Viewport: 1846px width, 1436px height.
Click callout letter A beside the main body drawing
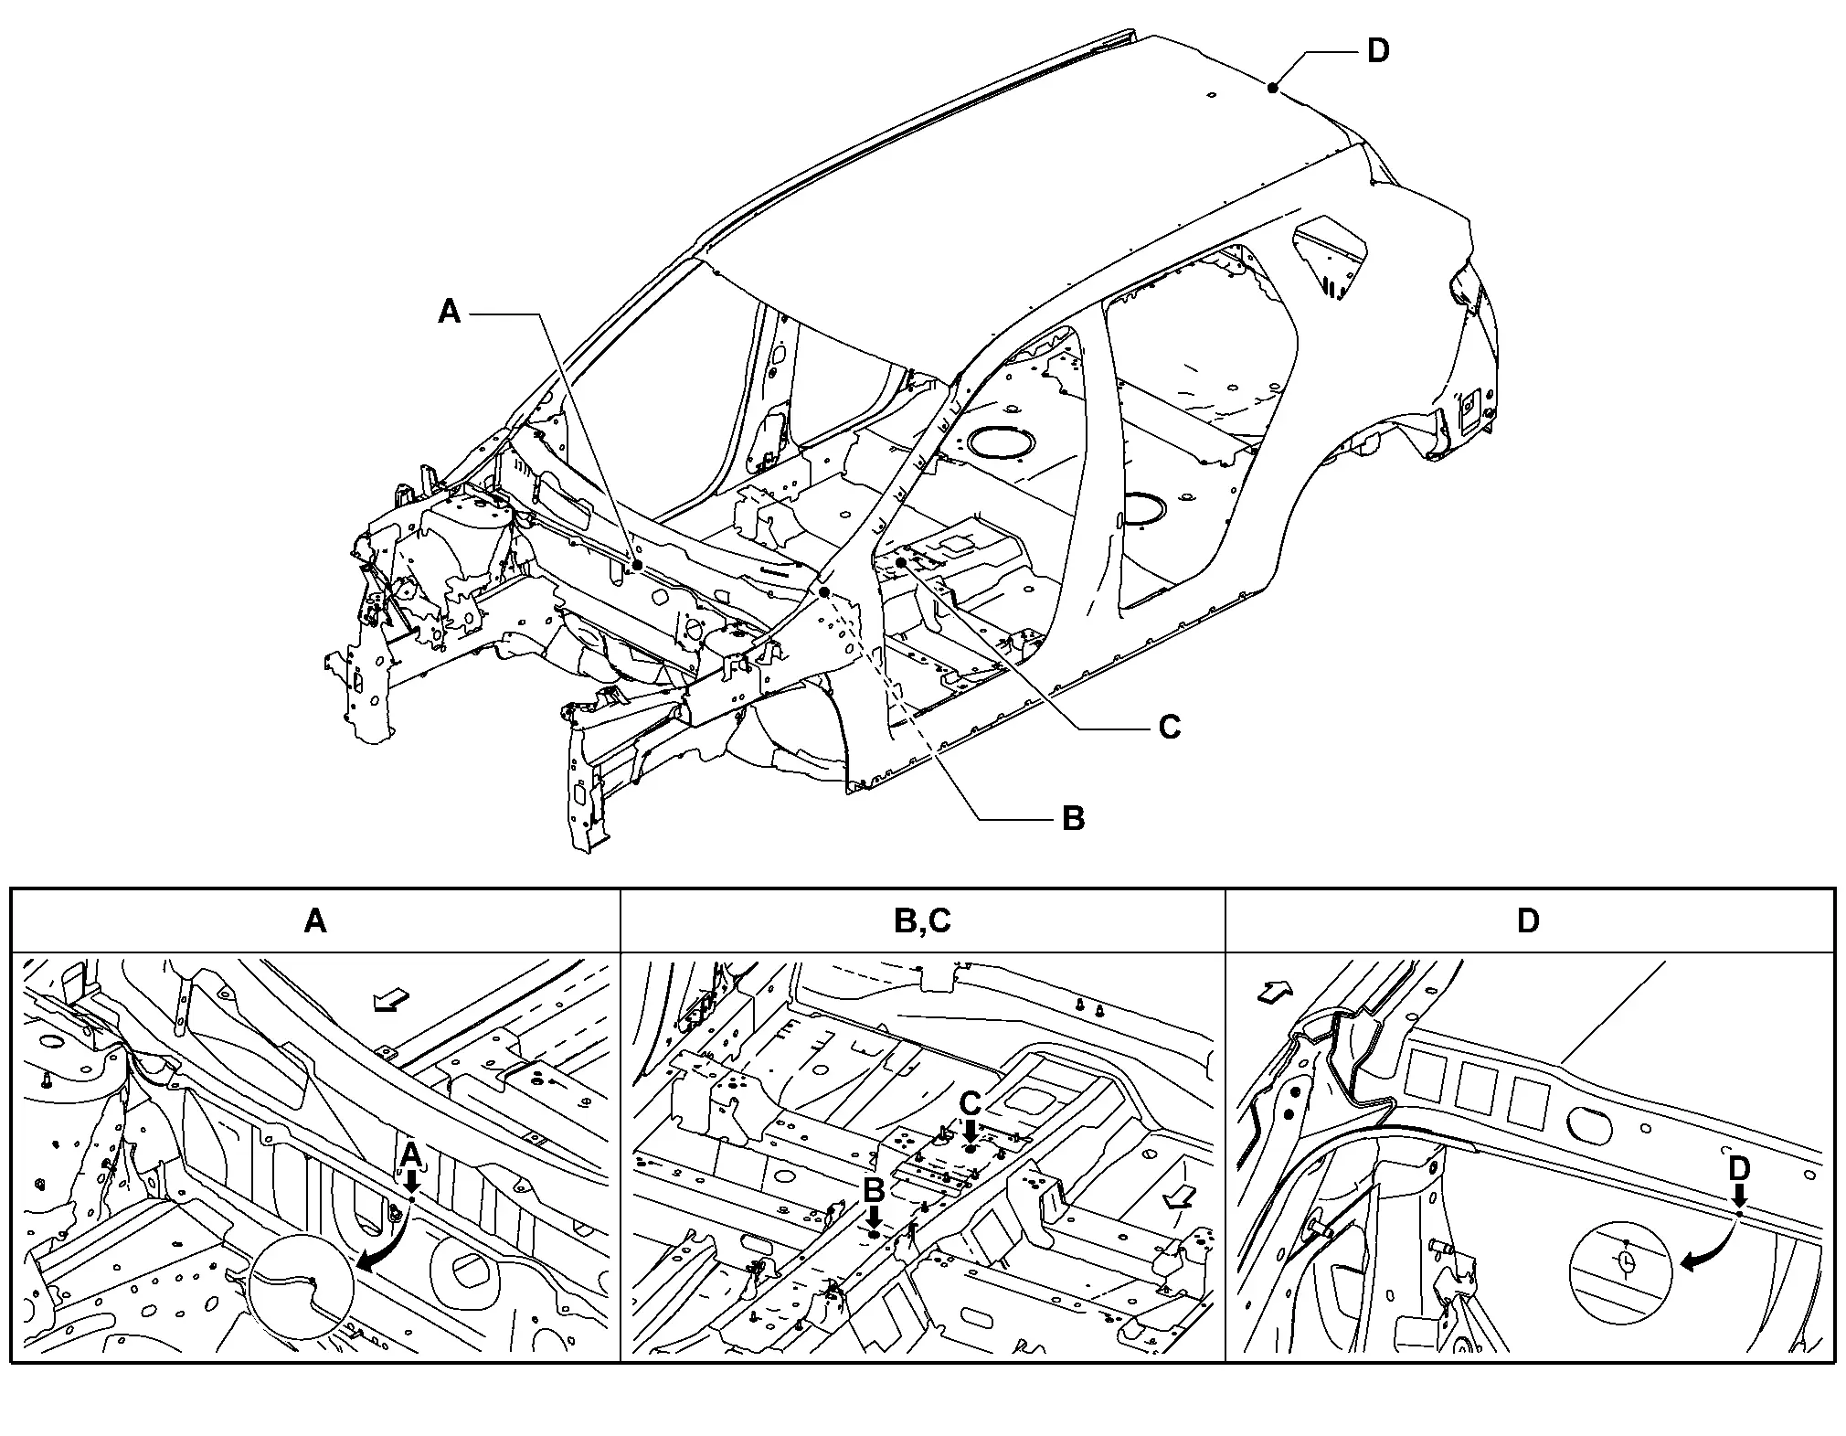click(x=449, y=313)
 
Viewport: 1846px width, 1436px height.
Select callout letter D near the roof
click(x=1377, y=51)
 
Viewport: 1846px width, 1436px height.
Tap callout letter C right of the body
click(x=1169, y=728)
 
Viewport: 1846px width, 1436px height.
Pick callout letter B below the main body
click(x=1073, y=817)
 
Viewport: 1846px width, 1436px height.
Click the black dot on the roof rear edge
click(x=1272, y=88)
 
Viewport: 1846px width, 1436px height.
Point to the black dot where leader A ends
click(x=637, y=566)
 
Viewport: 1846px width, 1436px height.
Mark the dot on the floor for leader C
click(x=900, y=563)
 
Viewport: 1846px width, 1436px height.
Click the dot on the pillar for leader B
click(x=824, y=592)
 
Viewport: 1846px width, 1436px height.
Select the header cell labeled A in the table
click(x=315, y=920)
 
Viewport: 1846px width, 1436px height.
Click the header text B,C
click(x=922, y=920)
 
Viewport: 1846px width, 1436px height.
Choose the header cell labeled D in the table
click(x=1528, y=920)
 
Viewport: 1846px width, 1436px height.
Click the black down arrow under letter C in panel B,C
click(x=971, y=1131)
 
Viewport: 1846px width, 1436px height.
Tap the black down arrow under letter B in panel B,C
click(x=874, y=1217)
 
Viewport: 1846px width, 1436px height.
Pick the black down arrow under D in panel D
click(x=1739, y=1196)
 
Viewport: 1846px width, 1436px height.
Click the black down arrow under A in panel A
click(x=411, y=1181)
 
